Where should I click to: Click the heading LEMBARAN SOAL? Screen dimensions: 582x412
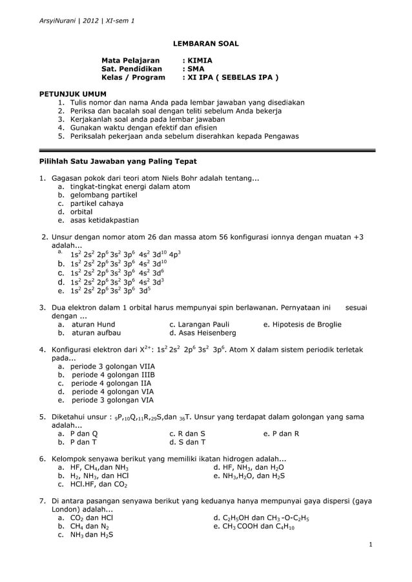[x=206, y=43]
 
